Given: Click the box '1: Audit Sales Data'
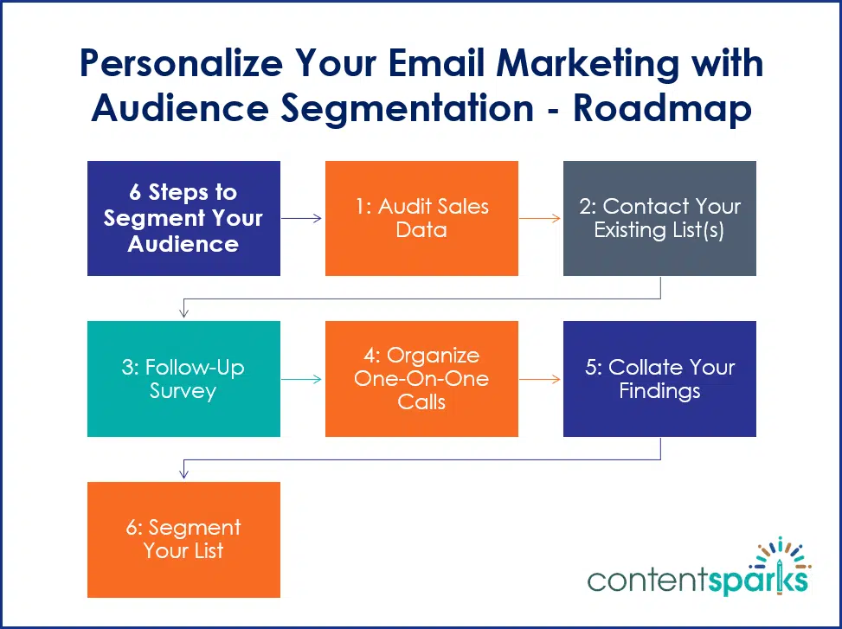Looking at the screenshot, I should (x=421, y=218).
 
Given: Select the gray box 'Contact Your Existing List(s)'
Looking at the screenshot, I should (x=659, y=218).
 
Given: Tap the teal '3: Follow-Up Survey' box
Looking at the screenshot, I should (x=183, y=379).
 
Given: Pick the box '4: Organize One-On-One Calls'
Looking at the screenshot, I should (x=421, y=379).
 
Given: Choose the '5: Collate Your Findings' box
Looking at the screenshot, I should (x=659, y=379).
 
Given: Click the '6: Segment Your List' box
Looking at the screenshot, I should (x=183, y=539).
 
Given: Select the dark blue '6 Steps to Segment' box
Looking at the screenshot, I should (x=183, y=218).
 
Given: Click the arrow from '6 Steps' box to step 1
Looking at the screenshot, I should (x=302, y=218).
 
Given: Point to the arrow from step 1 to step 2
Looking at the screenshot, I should (x=540, y=218).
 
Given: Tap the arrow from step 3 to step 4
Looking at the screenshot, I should (x=302, y=379).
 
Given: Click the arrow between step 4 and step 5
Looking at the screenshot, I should (x=540, y=379).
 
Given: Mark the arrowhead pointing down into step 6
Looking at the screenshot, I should (x=183, y=475).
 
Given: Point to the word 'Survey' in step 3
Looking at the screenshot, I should (x=183, y=391).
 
